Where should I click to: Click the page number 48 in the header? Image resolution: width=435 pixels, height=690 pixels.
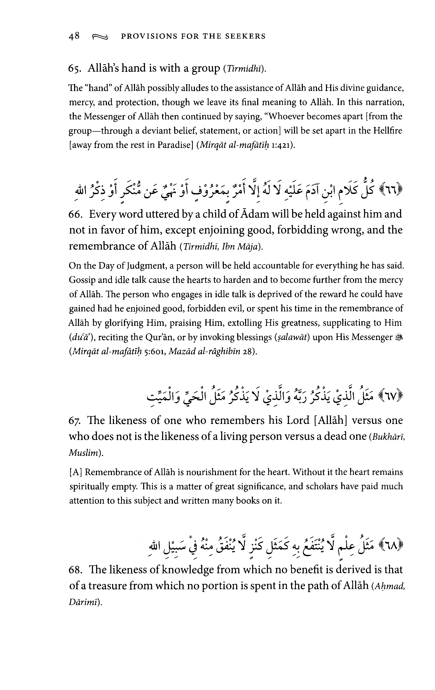point(74,36)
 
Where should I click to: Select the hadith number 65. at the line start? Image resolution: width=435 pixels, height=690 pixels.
point(75,69)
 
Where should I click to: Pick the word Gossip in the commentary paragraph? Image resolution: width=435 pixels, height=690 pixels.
point(82,280)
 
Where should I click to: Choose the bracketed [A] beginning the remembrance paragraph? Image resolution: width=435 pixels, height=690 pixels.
point(76,472)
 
